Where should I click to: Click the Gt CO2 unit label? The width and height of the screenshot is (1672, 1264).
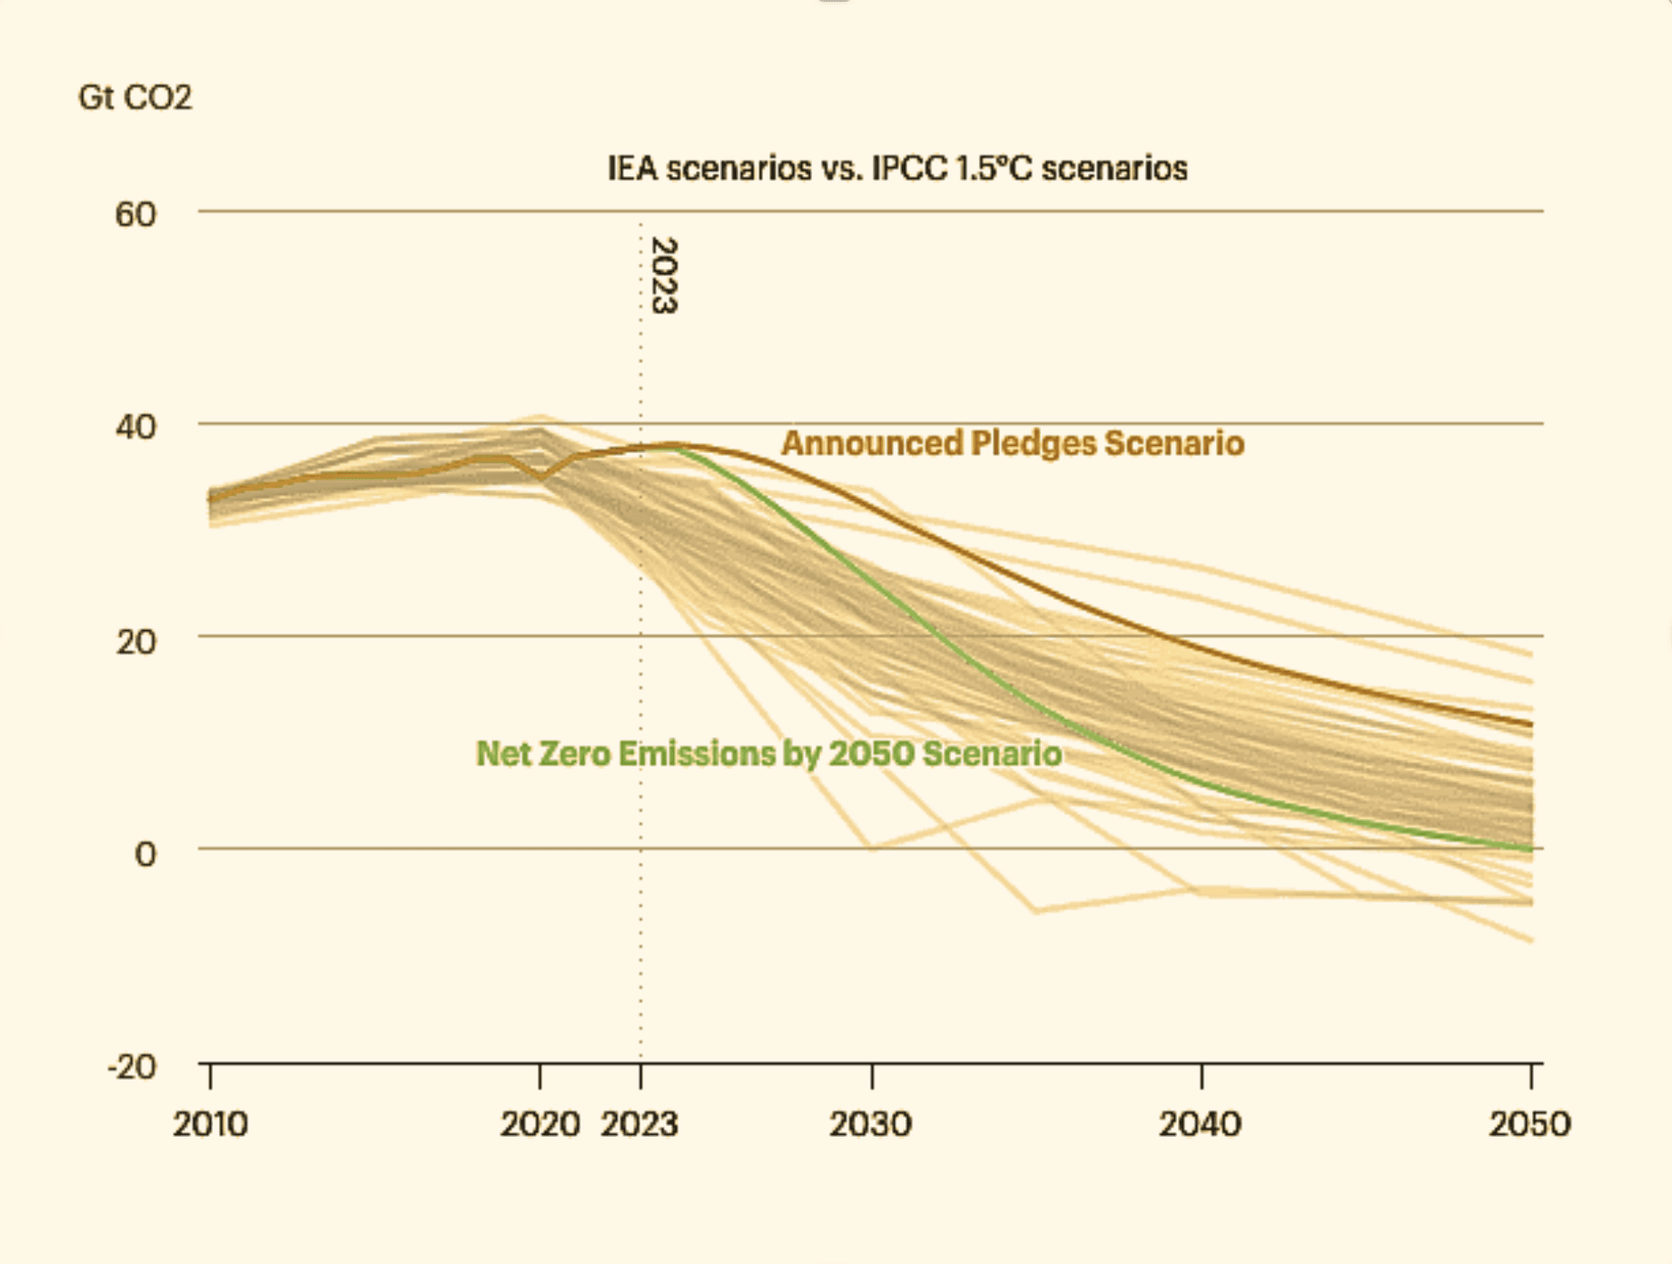click(134, 97)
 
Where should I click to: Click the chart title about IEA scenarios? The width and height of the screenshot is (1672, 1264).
click(897, 168)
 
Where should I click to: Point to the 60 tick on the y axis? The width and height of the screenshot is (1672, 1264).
click(135, 214)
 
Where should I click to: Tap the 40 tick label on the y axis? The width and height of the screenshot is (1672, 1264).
click(135, 426)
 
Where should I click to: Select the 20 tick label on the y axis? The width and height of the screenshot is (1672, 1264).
click(135, 640)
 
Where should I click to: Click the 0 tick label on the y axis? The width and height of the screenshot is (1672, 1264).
click(145, 854)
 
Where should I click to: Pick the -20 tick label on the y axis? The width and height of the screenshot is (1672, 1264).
click(132, 1065)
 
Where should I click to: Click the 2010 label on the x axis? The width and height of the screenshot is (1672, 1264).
click(210, 1124)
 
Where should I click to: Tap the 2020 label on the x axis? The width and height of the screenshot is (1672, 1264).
click(540, 1124)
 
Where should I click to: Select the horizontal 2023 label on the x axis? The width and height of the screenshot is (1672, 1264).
click(639, 1124)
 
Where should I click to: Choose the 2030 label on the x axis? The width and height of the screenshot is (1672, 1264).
click(871, 1124)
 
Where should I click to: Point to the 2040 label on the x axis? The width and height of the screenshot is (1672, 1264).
click(1200, 1124)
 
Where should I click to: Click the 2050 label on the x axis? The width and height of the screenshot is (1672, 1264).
click(1530, 1124)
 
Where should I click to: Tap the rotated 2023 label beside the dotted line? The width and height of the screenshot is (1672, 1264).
click(664, 275)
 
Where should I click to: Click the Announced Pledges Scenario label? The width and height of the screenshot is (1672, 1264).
click(1012, 442)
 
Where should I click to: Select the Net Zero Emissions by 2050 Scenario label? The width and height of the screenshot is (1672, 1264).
click(768, 753)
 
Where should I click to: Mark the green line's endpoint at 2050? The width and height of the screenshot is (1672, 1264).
click(1530, 849)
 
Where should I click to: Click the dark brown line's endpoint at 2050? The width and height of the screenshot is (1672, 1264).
click(1530, 725)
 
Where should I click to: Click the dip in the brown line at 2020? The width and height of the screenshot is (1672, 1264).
click(541, 478)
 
